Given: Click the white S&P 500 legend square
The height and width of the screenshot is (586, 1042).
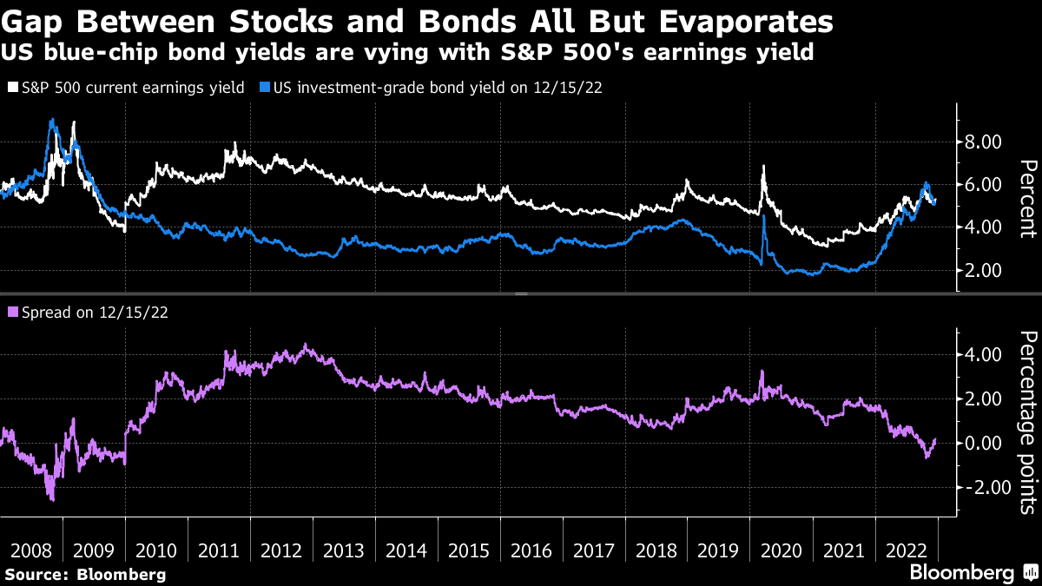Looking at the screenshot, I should coord(12,88).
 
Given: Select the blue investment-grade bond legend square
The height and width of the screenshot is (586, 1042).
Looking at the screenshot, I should coord(266,88).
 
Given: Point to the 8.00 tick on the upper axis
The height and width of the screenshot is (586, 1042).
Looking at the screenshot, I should coord(983,142).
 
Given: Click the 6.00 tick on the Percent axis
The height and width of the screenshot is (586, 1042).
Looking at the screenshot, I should coord(983,185).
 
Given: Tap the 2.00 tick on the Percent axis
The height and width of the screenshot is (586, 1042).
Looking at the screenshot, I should coord(983,271).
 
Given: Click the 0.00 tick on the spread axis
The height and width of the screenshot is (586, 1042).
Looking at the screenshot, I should coord(983,444).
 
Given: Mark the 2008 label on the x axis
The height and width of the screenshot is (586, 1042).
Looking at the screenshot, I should coord(31,550).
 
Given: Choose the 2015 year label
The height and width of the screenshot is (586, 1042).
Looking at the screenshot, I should coord(470,550).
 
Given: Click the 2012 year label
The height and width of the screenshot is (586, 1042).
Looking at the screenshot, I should coord(281,550).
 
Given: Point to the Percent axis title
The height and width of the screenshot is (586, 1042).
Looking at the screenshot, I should coord(1026,199).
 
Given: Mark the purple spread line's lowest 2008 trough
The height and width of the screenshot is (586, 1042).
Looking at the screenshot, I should coord(52,499).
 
